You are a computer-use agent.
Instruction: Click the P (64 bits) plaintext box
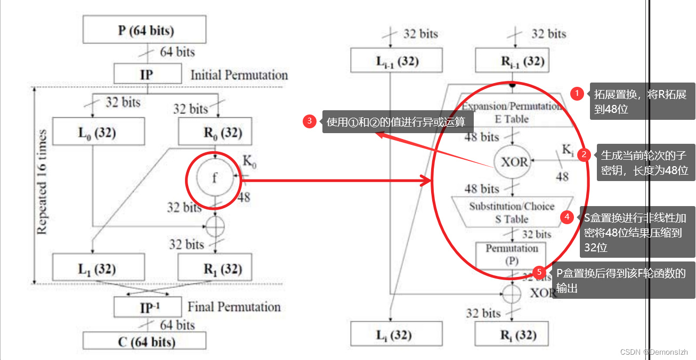pos(144,29)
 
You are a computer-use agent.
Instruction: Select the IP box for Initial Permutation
pos(146,75)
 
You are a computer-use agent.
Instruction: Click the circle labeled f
pos(214,178)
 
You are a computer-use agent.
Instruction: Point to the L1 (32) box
pos(99,268)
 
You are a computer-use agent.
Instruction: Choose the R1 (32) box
pos(214,268)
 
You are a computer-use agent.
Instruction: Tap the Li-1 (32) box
pos(396,60)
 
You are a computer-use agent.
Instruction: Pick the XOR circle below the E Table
pos(513,161)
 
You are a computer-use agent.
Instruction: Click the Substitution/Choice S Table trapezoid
pos(512,212)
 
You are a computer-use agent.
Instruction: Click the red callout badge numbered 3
pos(310,121)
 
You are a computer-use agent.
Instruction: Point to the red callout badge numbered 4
pos(568,217)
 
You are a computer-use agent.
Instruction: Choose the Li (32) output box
pos(396,334)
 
